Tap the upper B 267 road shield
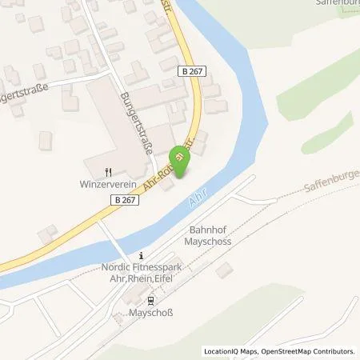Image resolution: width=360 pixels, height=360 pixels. (191, 72)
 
